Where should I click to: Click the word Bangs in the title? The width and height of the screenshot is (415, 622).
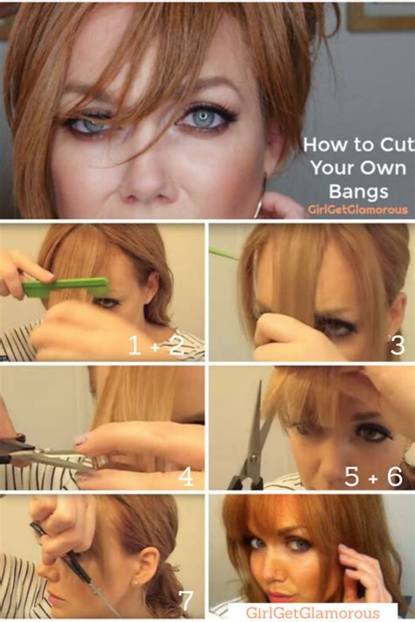click(358, 191)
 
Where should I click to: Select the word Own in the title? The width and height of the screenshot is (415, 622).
click(383, 167)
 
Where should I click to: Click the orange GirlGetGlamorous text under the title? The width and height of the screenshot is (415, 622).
click(358, 209)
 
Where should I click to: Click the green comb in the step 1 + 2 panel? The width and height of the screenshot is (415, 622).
click(66, 286)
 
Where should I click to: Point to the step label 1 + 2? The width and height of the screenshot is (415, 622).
click(156, 345)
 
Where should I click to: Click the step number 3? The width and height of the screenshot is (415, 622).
click(397, 344)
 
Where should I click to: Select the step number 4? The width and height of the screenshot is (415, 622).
click(186, 477)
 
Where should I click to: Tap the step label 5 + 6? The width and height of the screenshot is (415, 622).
click(373, 477)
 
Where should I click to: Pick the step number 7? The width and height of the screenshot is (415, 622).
click(186, 601)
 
